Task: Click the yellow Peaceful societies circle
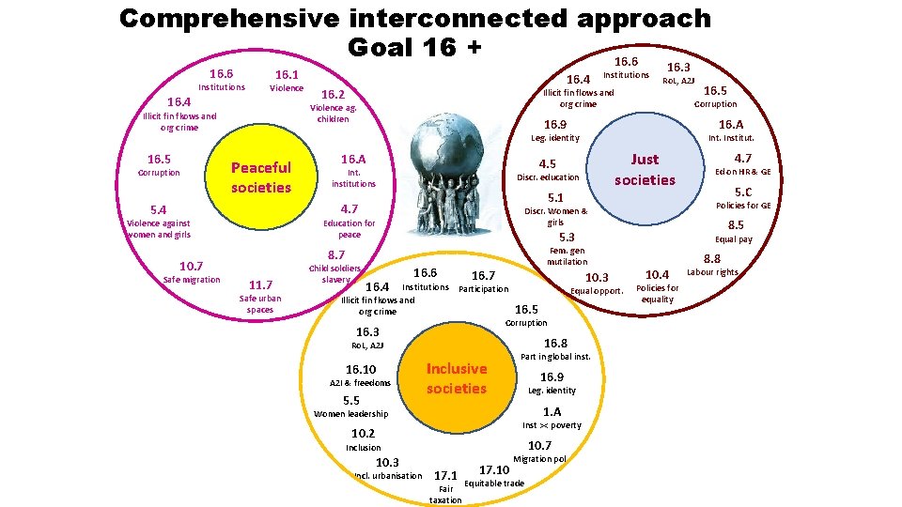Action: tap(261, 177)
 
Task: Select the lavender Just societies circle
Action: tap(645, 170)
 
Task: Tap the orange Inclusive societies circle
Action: tap(457, 378)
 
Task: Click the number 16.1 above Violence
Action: tap(286, 74)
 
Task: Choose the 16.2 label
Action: tap(334, 95)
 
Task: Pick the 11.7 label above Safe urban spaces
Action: tap(259, 285)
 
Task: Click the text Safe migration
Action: tap(192, 280)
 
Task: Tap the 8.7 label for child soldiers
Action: tap(336, 255)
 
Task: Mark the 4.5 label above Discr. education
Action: tap(547, 164)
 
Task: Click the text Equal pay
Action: tap(734, 239)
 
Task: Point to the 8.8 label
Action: tap(712, 259)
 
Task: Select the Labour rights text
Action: tap(712, 272)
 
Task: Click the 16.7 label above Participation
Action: tap(483, 275)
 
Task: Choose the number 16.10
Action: tap(361, 370)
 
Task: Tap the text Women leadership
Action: tap(351, 414)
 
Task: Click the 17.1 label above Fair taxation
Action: tap(445, 475)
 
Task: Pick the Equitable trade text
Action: tap(494, 484)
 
